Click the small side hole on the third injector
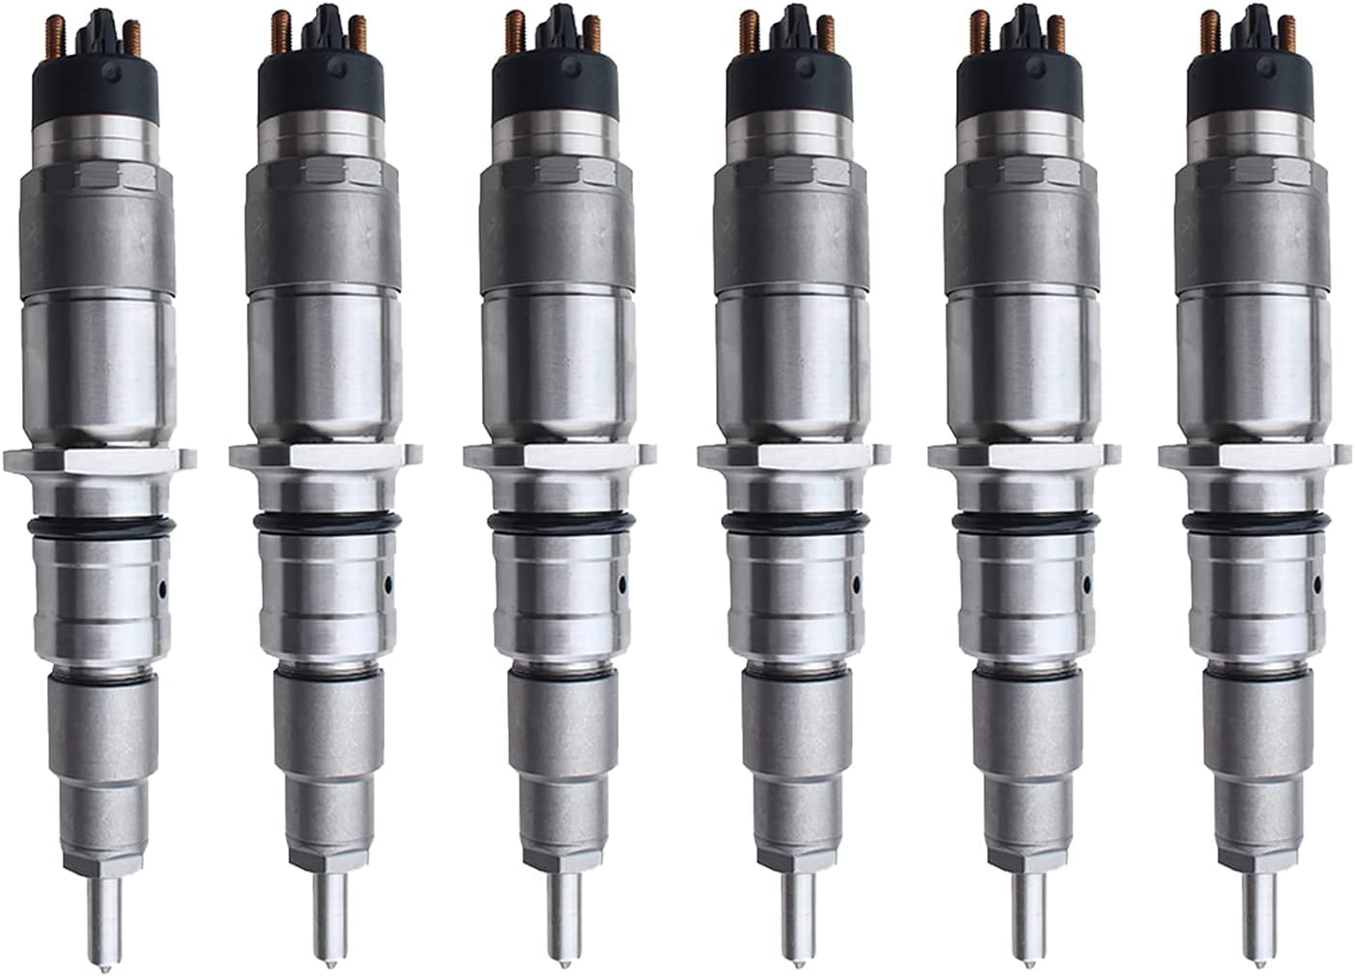pos(623,583)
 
